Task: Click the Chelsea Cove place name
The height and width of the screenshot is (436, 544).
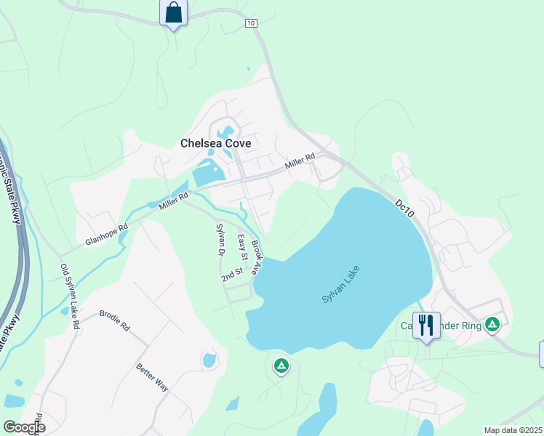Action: (x=215, y=143)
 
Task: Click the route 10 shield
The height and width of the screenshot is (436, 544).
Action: (x=251, y=23)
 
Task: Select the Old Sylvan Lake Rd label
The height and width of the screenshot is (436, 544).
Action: (x=71, y=297)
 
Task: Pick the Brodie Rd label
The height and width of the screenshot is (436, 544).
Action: (x=114, y=322)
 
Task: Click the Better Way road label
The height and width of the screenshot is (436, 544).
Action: (x=152, y=377)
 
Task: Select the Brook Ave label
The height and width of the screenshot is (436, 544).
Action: (x=256, y=257)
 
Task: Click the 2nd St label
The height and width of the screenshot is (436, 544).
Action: (x=232, y=276)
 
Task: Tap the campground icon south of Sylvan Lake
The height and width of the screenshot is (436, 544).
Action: (x=281, y=366)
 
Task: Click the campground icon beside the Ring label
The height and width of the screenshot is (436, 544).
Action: (x=492, y=324)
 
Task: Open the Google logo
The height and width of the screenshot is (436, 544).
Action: (x=23, y=427)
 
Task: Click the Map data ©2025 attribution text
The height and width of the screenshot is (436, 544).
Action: (x=513, y=430)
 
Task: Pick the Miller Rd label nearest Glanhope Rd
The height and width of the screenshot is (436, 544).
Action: (x=174, y=201)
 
